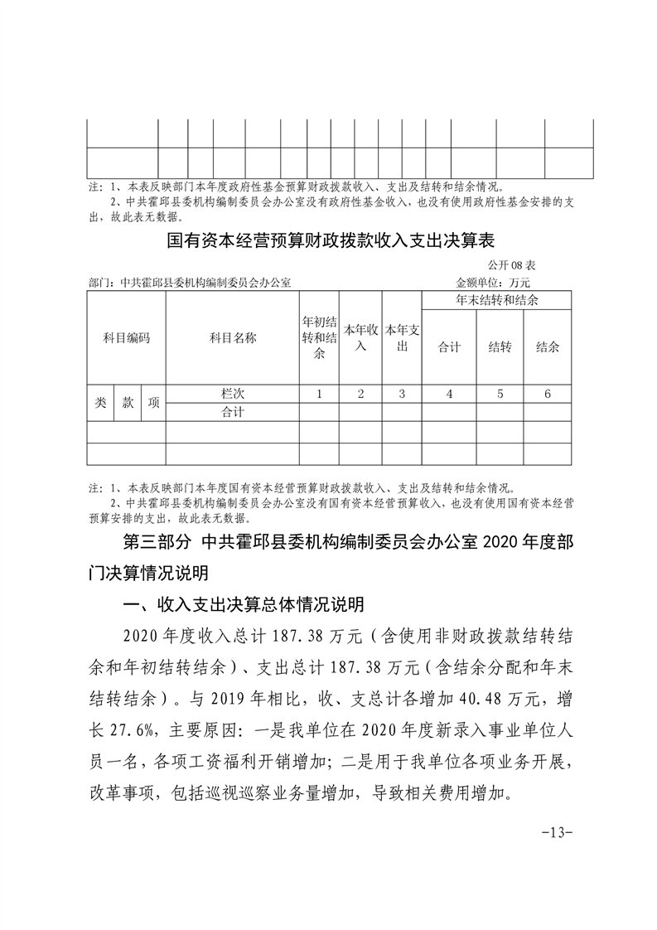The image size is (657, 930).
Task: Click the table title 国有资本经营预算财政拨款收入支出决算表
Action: coord(330,241)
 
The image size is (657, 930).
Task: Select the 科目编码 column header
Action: coord(126,337)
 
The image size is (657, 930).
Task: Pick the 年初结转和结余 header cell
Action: coord(319,337)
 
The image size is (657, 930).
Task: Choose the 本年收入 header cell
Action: coord(360,337)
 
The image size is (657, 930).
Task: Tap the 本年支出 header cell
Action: coord(402,337)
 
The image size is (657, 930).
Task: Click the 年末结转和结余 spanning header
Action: coord(497,300)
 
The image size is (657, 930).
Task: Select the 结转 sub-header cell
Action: coord(500,347)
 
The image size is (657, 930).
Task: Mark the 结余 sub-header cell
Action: coord(548,347)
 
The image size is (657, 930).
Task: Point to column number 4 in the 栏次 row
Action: coord(449,394)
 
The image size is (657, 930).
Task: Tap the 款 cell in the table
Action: coord(128,402)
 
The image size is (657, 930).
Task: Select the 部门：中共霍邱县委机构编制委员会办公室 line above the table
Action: coord(190,283)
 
